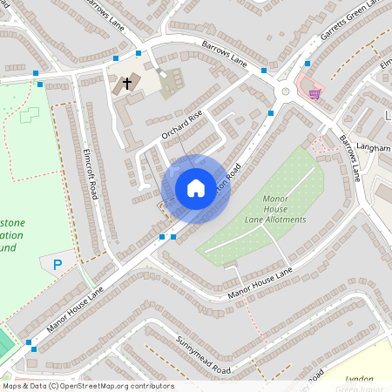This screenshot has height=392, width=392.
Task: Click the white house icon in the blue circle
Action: point(196,188)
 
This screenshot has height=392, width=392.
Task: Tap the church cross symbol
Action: point(127,84)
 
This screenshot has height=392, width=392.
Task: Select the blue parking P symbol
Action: point(58,264)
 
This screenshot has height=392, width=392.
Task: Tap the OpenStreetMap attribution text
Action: point(87,386)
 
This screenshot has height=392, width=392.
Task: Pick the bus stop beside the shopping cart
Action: point(307,64)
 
